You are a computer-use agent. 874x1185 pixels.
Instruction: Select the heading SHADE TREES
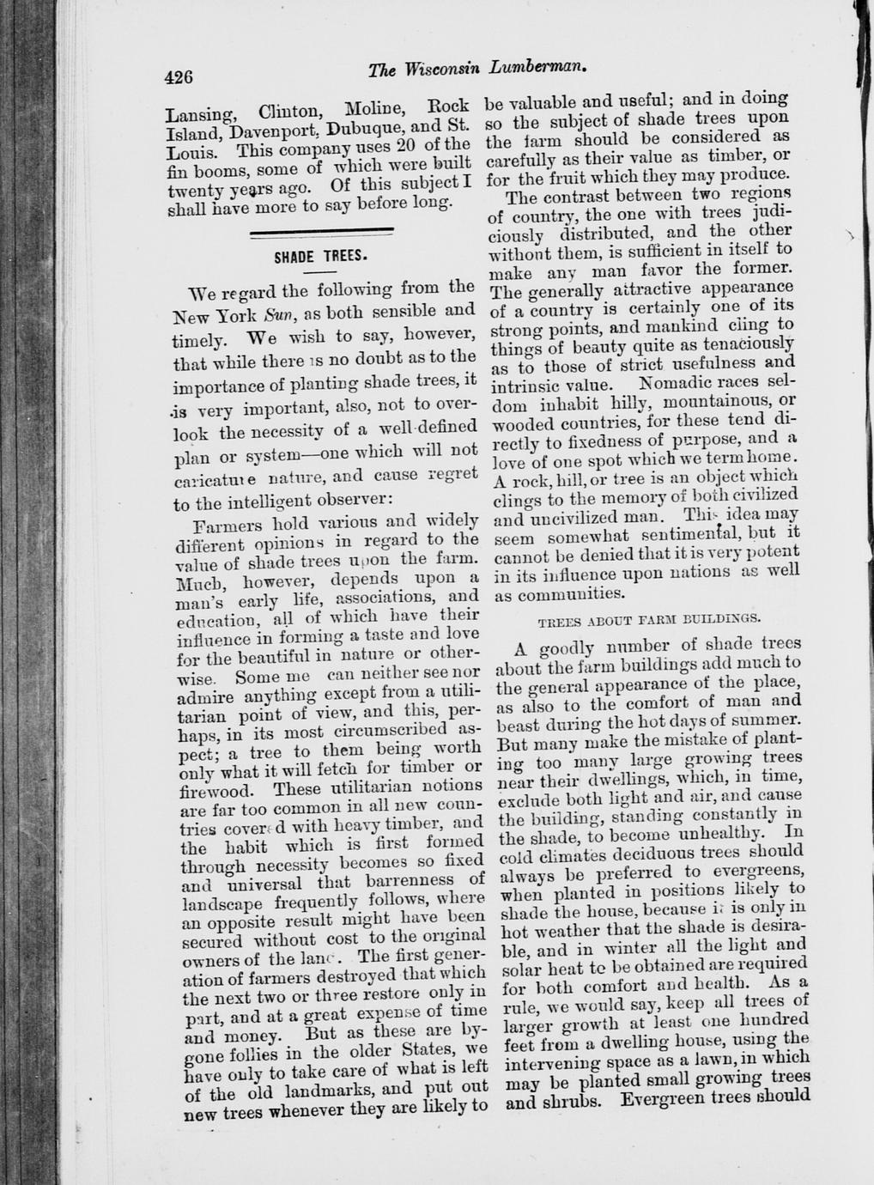pyautogui.click(x=320, y=257)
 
